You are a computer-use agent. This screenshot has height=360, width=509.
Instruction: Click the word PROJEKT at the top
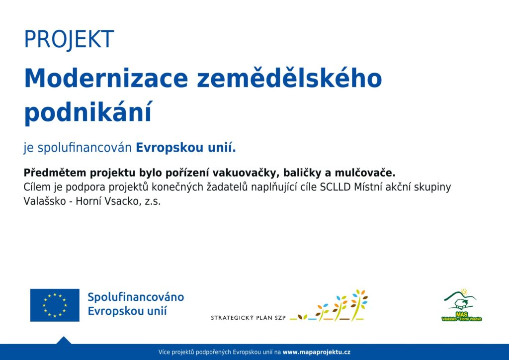[x=69, y=40]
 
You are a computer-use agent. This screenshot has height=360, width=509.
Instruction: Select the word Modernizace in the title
[x=106, y=78]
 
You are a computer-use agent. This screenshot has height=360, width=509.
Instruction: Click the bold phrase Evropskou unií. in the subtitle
[x=186, y=148]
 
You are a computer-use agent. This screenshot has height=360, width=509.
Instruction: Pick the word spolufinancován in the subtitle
[x=85, y=148]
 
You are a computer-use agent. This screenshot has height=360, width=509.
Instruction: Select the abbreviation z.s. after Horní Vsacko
[x=153, y=201]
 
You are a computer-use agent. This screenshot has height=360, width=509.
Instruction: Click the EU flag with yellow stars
[x=55, y=305]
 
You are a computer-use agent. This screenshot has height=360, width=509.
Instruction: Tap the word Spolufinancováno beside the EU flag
[x=136, y=297]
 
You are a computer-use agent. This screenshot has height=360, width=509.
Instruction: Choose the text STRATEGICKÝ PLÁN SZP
[x=249, y=318]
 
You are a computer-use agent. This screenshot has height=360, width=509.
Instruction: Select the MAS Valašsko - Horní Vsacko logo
[x=462, y=305]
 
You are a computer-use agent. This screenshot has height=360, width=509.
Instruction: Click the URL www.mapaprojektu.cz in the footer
[x=317, y=352]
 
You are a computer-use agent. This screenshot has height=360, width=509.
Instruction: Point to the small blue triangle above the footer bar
[x=64, y=341]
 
